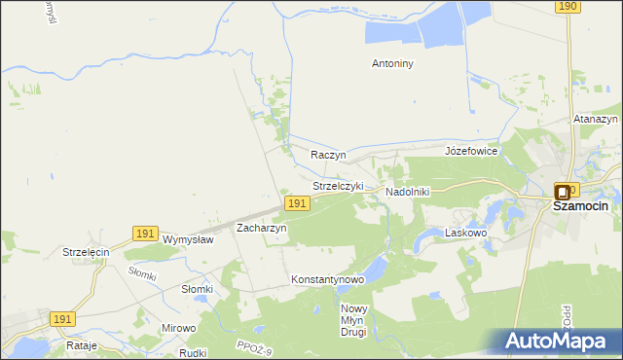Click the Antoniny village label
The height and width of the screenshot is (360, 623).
coord(393,64)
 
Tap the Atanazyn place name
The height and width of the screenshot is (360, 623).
coord(596,120)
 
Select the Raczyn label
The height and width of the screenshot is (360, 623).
coord(329,155)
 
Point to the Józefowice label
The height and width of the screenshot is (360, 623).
coord(471,152)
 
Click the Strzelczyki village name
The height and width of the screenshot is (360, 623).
coord(338,186)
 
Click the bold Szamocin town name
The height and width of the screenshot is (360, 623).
coord(580,206)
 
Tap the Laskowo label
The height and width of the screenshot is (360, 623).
coord(465,234)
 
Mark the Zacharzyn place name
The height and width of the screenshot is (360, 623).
coord(262,228)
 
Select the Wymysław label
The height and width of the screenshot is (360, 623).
coord(188,239)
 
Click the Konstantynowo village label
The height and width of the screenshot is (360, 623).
coord(327,280)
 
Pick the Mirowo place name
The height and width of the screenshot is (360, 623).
coord(179,329)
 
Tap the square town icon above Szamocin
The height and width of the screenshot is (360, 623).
coord(563,193)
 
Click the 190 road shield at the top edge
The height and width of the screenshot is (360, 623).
coord(568,7)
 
